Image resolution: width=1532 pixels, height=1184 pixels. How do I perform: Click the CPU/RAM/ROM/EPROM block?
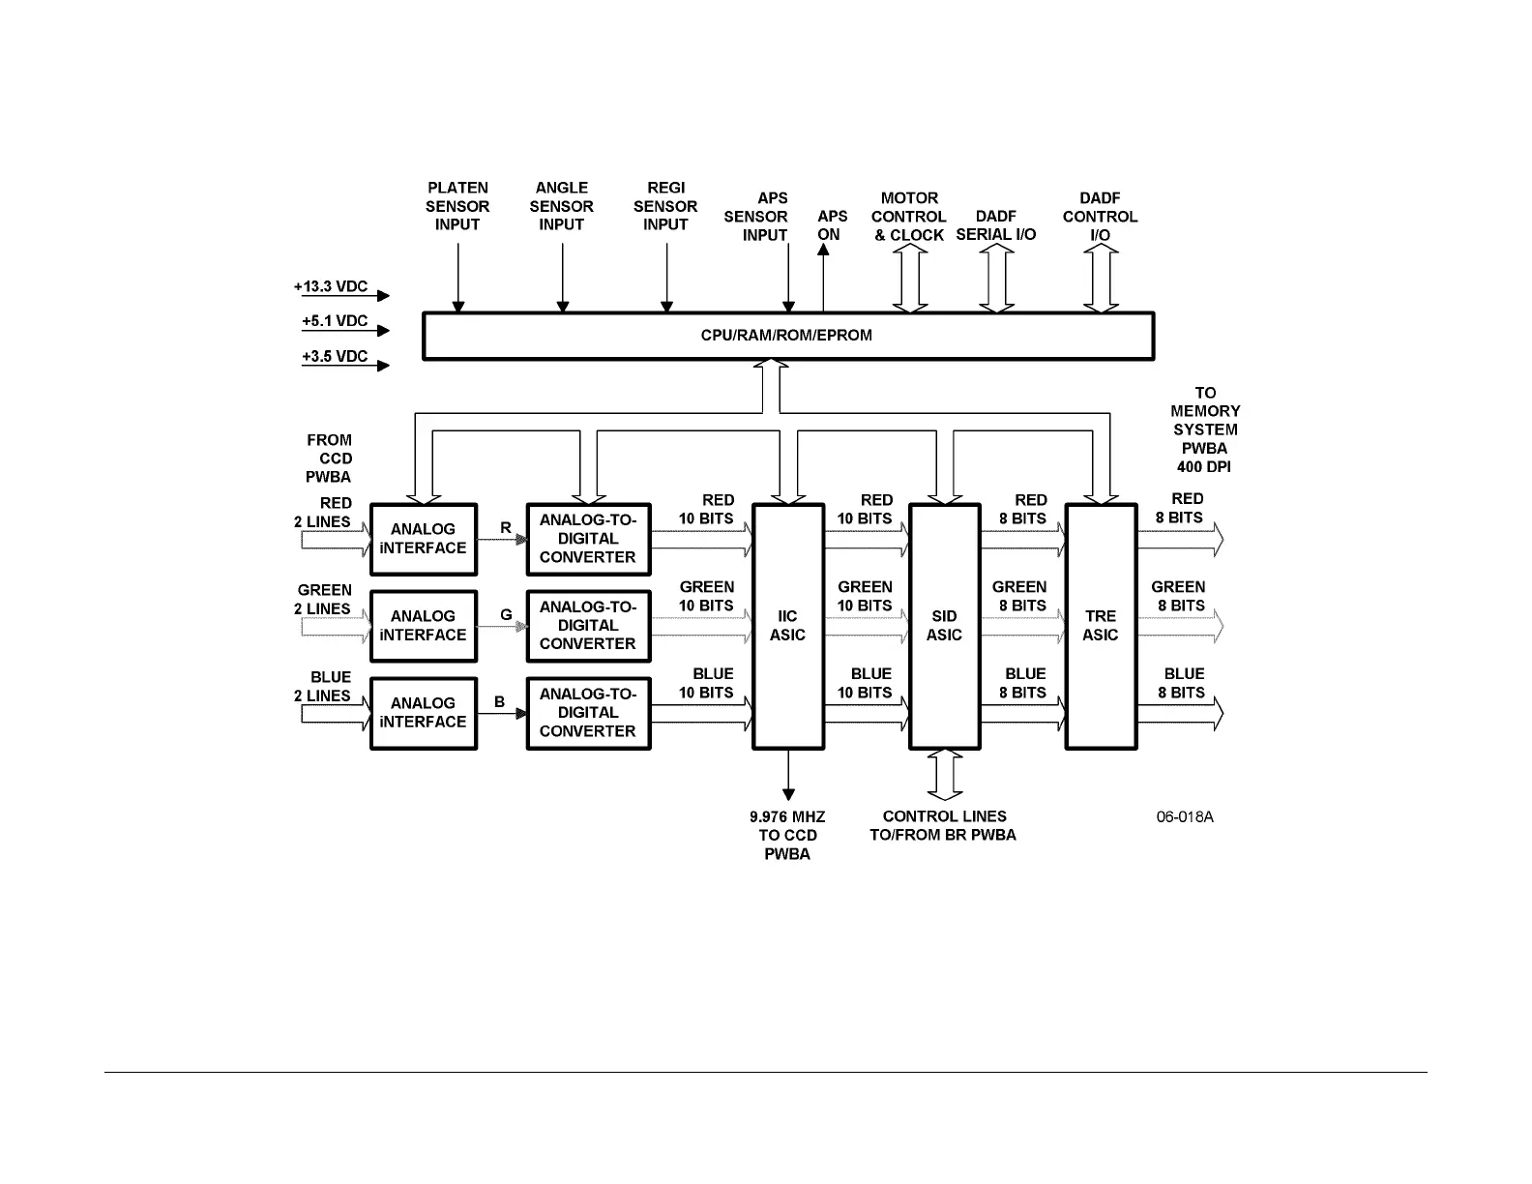pos(788,336)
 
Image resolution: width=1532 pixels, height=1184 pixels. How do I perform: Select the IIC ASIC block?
pos(788,626)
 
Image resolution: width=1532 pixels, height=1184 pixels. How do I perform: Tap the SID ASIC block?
pos(945,626)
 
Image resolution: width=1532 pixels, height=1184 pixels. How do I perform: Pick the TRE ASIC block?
pos(1101,626)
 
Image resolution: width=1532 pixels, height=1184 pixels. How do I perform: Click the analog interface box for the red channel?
pos(424,539)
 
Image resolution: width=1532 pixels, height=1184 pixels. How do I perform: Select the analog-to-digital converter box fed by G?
pos(588,626)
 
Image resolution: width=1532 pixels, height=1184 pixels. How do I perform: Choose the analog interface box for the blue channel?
pos(424,713)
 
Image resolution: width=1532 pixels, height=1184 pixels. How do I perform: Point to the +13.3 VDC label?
pos(331,287)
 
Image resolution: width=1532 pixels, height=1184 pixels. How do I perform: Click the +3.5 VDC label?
pos(335,357)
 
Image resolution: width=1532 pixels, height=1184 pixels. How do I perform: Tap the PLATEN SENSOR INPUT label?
pos(457,206)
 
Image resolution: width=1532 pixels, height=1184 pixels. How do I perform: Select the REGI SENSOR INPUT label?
pos(665,206)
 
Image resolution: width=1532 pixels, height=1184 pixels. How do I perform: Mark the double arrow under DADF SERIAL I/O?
pos(996,279)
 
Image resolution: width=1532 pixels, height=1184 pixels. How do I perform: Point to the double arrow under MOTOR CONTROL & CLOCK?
pos(909,279)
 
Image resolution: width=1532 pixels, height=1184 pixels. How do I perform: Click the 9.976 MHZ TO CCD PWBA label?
pos(787,836)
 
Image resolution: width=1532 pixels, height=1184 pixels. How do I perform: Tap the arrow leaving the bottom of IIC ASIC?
pos(788,774)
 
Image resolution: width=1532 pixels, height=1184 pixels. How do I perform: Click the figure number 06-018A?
pos(1185,817)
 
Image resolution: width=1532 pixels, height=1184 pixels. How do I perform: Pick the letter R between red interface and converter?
pos(506,528)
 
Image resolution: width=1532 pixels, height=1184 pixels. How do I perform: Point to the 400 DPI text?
pos(1204,467)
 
